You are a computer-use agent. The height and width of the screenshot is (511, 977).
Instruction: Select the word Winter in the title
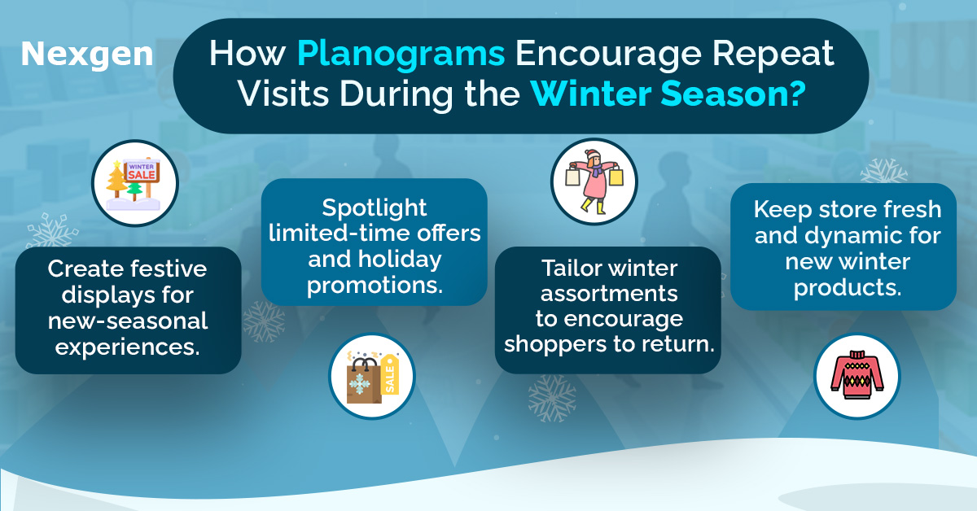point(591,94)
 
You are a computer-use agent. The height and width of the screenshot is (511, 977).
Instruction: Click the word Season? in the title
point(734,94)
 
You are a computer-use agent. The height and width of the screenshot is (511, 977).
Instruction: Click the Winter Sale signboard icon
point(142,173)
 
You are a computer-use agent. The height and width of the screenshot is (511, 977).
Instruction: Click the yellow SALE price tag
point(389,375)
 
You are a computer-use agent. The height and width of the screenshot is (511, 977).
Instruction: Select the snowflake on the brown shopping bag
point(360,385)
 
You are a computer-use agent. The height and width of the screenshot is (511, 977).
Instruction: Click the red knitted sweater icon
point(857,375)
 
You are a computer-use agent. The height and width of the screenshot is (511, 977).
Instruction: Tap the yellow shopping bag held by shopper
point(616,177)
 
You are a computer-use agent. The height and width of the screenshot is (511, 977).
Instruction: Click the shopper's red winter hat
point(593,155)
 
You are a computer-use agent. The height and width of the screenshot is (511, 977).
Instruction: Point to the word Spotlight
point(375,207)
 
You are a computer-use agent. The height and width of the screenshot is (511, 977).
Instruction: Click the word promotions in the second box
point(375,286)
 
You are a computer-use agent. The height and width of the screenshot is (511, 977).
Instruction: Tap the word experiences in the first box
point(127,347)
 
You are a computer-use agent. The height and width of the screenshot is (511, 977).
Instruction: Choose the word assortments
point(609,294)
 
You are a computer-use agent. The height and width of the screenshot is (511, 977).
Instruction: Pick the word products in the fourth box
point(848,288)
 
